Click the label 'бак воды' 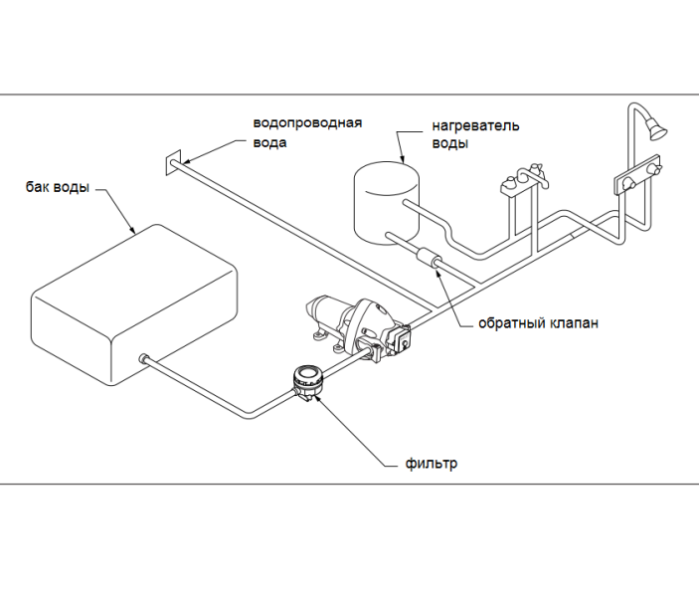tap(58, 187)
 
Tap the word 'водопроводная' tap(307, 123)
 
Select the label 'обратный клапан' tap(539, 322)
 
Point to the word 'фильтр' tap(432, 464)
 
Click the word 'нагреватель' tap(475, 125)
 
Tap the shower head tap(657, 128)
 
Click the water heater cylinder tap(387, 203)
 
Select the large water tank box tap(134, 304)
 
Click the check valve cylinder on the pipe tap(428, 258)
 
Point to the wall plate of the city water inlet tap(173, 163)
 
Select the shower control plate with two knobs tap(636, 175)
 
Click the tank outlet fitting tap(144, 359)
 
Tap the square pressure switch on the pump tap(402, 339)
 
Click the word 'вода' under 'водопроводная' tap(269, 142)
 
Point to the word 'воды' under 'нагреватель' tap(449, 144)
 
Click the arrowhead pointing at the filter tap(317, 398)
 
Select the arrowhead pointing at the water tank tap(132, 230)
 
